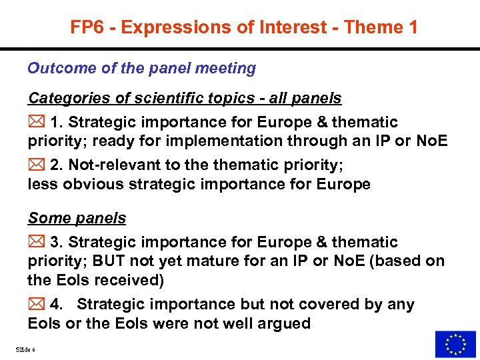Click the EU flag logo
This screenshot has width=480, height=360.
coord(455,344)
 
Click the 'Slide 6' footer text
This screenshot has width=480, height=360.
coord(24,350)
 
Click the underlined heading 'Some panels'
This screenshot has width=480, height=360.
coord(77,218)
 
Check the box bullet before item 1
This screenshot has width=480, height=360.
coord(36,123)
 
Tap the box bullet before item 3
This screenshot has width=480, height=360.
coord(36,243)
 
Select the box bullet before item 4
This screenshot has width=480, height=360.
coord(36,305)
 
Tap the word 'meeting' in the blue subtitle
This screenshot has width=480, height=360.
coord(226,68)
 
